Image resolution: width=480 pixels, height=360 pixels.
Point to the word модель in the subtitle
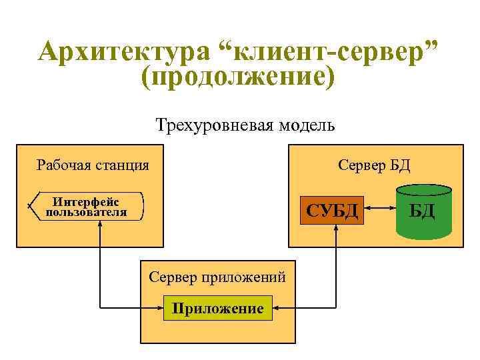pos(303,125)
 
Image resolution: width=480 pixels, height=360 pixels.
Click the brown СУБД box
pos(332,211)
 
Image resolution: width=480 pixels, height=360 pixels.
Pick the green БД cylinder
pos(423,212)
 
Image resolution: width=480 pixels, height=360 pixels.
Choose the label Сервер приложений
pos(217,276)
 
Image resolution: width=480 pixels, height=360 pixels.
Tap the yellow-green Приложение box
pos(218,308)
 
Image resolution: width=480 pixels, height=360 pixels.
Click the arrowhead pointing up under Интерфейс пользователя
pos(100,224)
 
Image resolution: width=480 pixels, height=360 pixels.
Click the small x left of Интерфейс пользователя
pos(29,206)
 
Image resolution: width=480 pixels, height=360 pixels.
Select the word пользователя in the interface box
pos(86,213)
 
